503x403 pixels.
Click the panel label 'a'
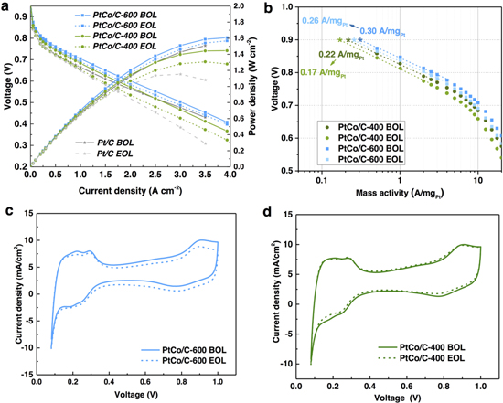coord(6,6)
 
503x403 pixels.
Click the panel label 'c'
coord(6,209)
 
